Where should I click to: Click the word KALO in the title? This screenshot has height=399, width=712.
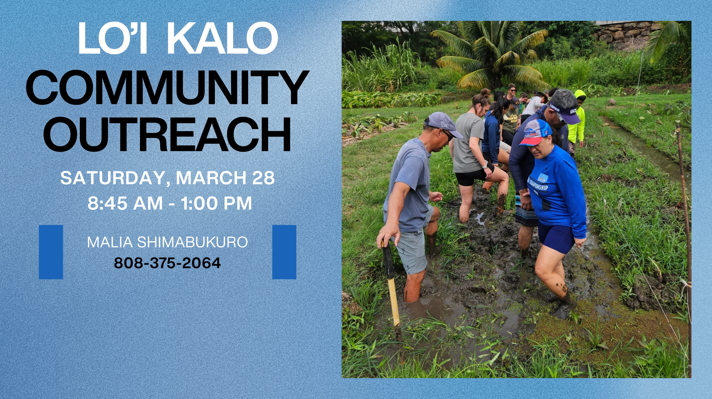(x=222, y=38)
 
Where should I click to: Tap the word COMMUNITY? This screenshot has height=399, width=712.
(x=167, y=87)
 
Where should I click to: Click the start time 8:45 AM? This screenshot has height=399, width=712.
(x=125, y=203)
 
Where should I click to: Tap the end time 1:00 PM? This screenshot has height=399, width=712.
(x=216, y=203)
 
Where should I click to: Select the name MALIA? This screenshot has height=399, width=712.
(x=110, y=242)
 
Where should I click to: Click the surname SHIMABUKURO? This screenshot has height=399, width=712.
(x=192, y=242)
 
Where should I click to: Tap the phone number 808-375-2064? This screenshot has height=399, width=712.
(x=167, y=263)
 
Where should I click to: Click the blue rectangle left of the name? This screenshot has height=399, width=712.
(x=51, y=252)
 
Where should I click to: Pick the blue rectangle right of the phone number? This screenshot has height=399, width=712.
(x=284, y=252)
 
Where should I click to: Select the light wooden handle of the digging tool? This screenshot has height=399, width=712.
(x=394, y=302)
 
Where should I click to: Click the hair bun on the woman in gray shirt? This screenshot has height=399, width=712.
(x=486, y=93)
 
